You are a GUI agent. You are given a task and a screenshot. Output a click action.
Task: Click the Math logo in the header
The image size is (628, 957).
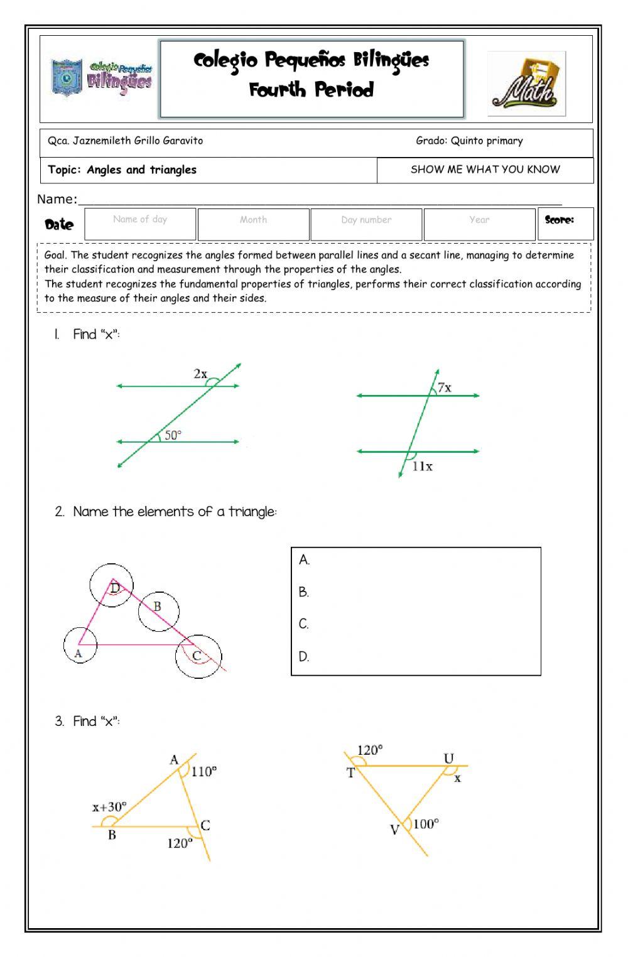click(x=526, y=84)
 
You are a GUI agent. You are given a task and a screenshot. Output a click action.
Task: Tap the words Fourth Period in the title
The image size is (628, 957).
click(x=311, y=90)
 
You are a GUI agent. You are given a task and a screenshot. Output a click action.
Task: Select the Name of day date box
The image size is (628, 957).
click(x=140, y=224)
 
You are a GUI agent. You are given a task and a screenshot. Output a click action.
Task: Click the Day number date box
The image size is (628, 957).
click(x=366, y=224)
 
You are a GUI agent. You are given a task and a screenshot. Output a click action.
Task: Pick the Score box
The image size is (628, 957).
click(x=565, y=224)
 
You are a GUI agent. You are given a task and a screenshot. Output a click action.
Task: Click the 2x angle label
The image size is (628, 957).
click(x=200, y=374)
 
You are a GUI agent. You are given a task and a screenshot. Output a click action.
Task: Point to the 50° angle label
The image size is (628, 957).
click(x=173, y=435)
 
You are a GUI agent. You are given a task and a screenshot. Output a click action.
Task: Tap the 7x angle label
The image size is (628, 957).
click(x=444, y=387)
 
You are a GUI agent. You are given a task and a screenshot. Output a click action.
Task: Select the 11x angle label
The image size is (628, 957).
click(x=422, y=466)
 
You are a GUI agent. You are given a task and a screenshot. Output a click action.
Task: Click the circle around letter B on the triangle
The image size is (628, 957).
click(x=158, y=611)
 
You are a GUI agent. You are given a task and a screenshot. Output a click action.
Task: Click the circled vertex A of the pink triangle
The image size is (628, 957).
click(x=80, y=645)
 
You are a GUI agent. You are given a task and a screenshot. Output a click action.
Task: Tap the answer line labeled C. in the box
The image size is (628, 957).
click(x=414, y=624)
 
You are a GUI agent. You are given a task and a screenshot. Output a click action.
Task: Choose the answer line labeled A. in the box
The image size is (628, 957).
click(x=414, y=560)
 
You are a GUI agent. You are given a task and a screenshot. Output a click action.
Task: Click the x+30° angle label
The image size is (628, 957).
click(x=109, y=807)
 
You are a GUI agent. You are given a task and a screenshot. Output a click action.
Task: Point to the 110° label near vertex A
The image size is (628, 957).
click(x=204, y=771)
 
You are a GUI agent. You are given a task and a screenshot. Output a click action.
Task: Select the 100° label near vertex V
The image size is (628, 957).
click(x=426, y=824)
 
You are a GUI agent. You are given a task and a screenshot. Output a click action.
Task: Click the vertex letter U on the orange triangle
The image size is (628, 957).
click(x=448, y=759)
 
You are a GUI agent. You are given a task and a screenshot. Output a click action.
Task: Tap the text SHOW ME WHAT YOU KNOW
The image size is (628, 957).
click(x=485, y=170)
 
